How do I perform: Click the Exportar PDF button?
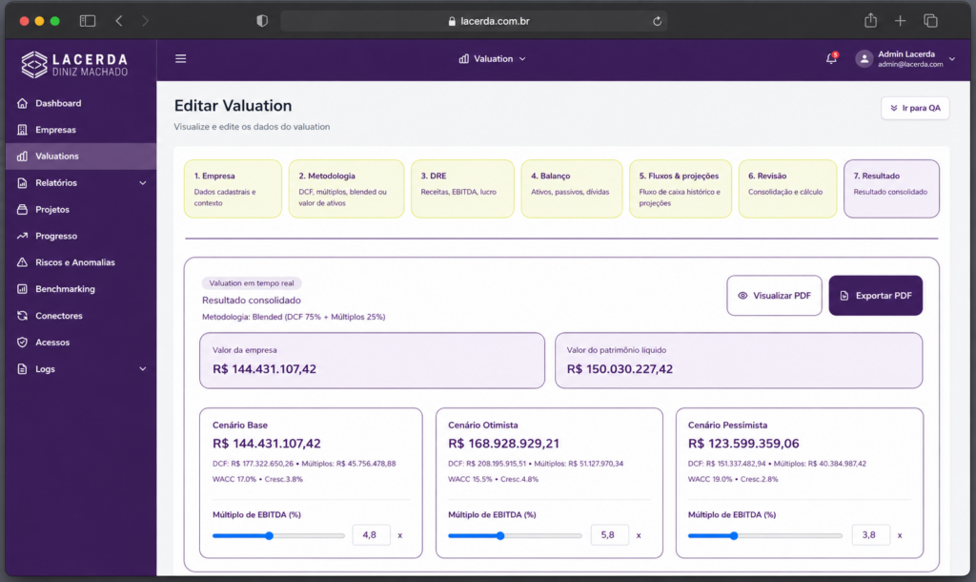click(x=875, y=296)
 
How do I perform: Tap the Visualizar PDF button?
click(x=774, y=296)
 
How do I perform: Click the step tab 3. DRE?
click(x=462, y=189)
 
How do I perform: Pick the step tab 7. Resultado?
click(x=891, y=189)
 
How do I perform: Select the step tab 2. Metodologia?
click(x=346, y=189)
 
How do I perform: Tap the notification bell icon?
click(x=831, y=58)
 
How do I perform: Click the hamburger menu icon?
click(x=180, y=58)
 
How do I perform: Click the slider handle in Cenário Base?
click(x=269, y=535)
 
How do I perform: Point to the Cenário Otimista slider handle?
click(x=499, y=535)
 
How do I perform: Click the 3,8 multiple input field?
click(x=870, y=534)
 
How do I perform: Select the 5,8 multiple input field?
click(x=609, y=534)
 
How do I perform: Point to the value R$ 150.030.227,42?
click(x=620, y=369)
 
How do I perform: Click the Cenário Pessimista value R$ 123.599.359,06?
click(x=743, y=444)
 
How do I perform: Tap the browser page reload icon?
click(x=657, y=21)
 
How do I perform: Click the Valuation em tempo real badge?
click(x=252, y=283)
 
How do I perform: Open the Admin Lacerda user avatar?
click(x=864, y=58)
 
